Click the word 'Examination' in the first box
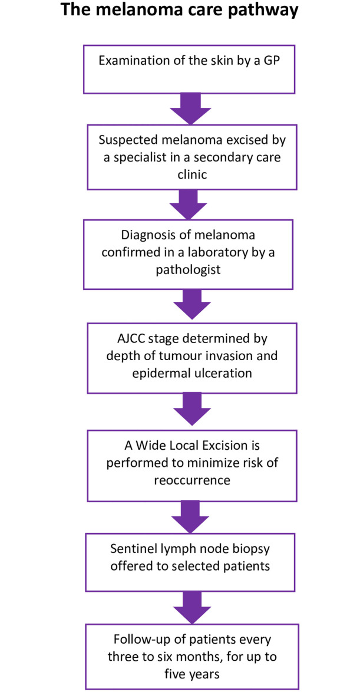click(x=128, y=61)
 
